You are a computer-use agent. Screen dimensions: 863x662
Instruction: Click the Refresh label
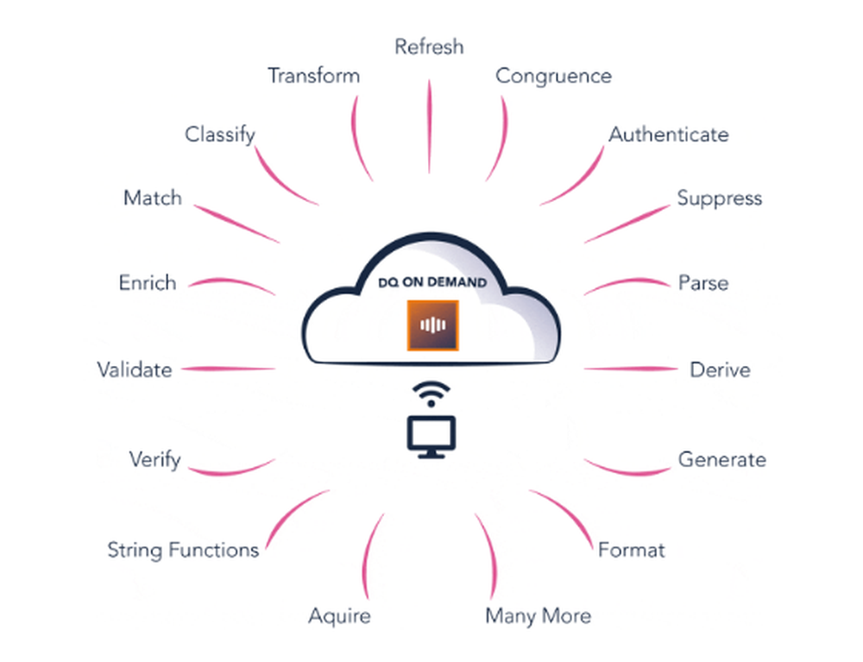(429, 47)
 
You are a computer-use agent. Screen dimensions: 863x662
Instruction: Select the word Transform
(314, 76)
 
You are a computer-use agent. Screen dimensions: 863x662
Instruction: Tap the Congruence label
(554, 77)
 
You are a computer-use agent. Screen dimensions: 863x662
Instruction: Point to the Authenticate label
(669, 135)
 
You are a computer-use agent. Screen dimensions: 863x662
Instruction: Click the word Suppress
(720, 199)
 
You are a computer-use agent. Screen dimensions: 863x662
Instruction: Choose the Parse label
(703, 283)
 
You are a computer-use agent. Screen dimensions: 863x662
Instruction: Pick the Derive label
(720, 369)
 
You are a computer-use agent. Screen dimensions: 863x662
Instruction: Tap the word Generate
(722, 459)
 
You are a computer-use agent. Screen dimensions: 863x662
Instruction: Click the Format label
(632, 550)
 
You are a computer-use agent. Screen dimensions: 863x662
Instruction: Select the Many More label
(539, 616)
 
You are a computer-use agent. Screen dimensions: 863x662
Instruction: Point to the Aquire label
(339, 616)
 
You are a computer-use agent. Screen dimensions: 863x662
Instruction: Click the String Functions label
(183, 551)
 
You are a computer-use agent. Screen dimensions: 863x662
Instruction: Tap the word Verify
(155, 460)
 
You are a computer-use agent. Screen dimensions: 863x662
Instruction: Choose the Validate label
(135, 369)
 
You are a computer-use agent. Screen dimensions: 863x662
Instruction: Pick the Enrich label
(148, 283)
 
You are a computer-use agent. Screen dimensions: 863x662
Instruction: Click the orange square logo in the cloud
(432, 325)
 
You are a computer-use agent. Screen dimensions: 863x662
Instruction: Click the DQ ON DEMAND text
(432, 283)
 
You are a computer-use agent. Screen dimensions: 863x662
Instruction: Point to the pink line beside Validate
(229, 369)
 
